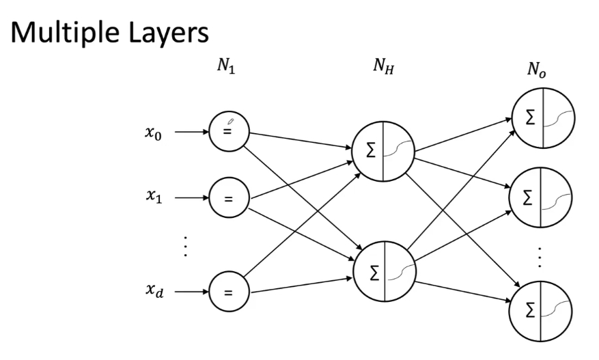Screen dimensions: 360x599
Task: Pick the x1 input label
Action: click(x=152, y=199)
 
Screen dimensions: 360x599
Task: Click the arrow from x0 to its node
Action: click(x=190, y=132)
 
